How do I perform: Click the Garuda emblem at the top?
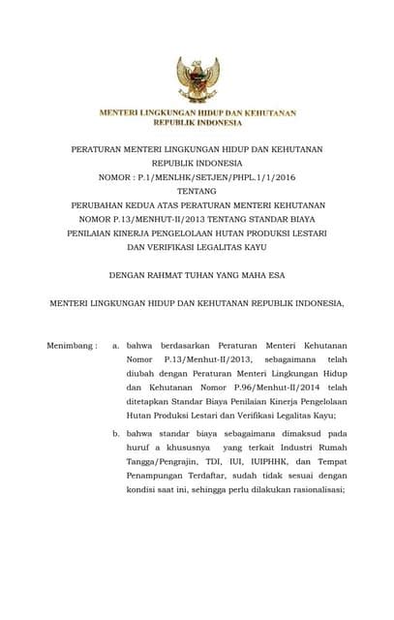(197, 78)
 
